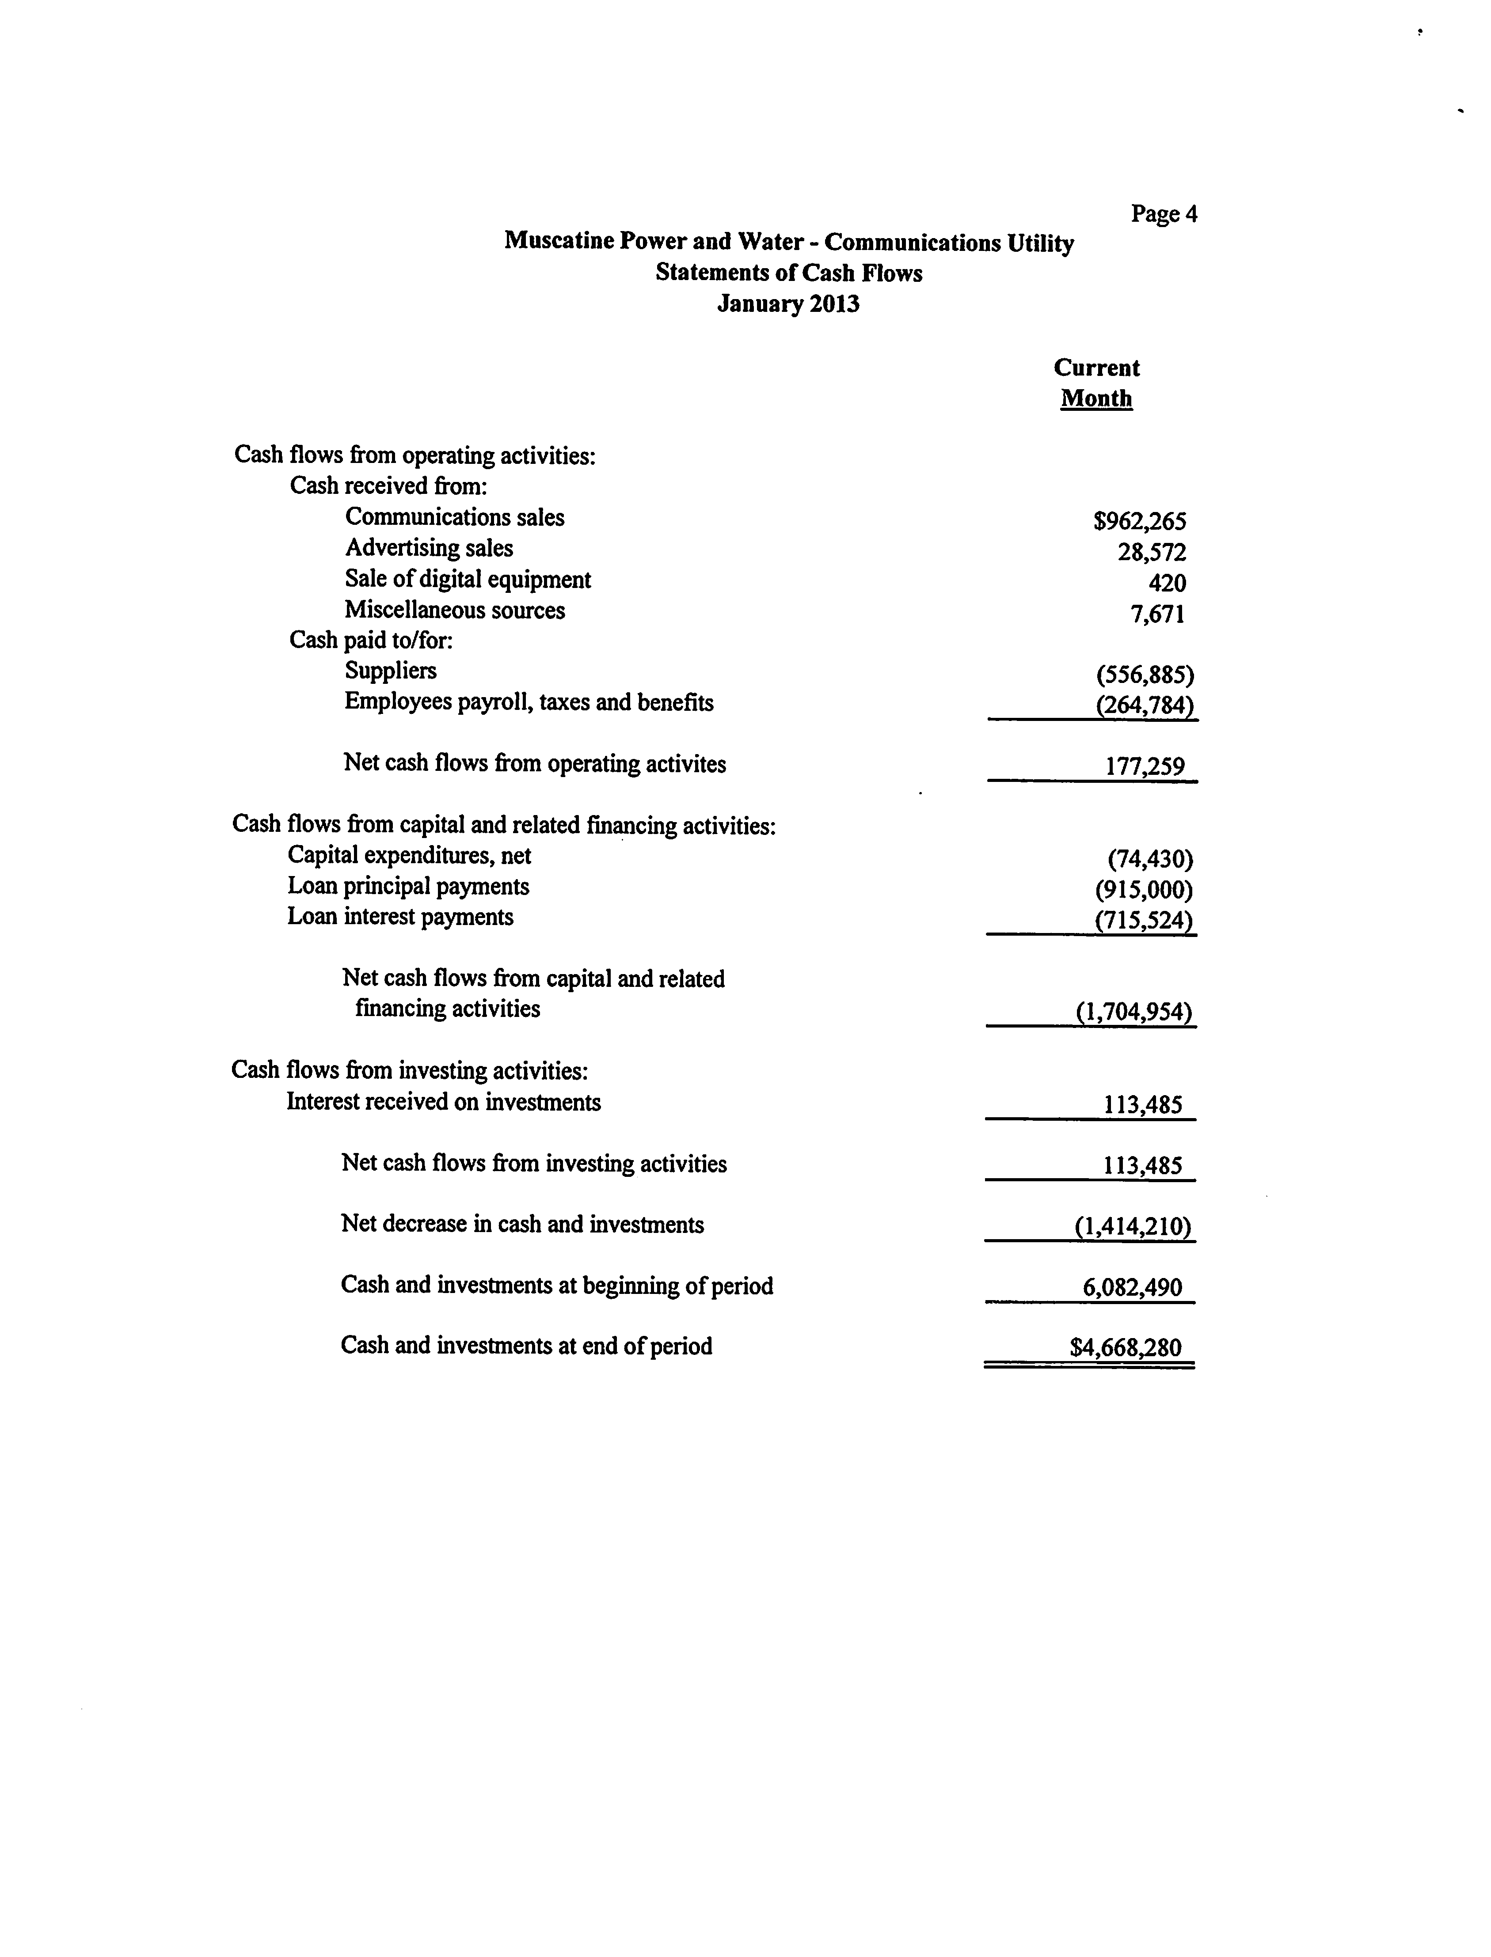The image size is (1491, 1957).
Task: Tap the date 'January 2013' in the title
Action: [788, 304]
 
